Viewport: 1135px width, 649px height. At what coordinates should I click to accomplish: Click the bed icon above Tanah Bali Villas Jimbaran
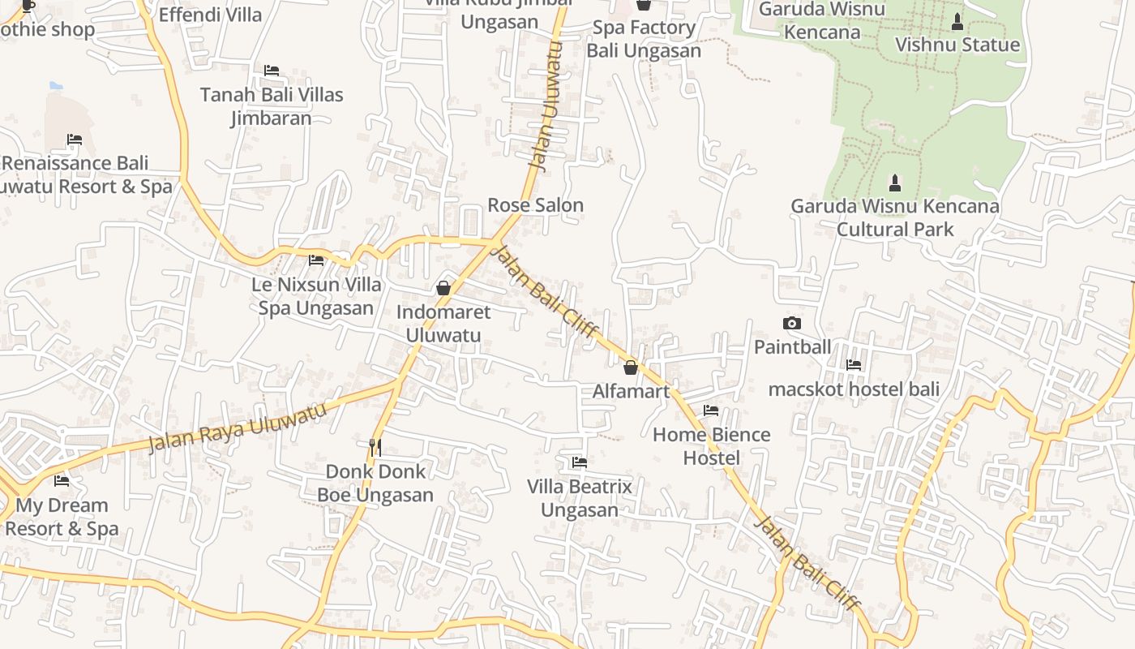(x=272, y=71)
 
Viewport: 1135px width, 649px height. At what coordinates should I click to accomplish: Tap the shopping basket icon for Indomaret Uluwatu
(x=443, y=288)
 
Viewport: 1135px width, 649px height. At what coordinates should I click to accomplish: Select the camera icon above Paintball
(x=792, y=323)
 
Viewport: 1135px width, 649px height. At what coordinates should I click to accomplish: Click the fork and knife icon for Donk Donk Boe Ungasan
(x=375, y=447)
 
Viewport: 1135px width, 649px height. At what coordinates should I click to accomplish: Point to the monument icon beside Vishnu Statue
(x=957, y=22)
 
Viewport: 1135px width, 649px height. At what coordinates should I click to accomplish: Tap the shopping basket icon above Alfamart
(x=631, y=367)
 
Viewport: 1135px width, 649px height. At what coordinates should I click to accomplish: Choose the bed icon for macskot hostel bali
(x=854, y=365)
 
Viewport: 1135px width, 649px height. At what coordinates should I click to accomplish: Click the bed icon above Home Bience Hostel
(x=711, y=410)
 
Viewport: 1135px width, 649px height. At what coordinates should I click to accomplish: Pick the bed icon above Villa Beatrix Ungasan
(x=579, y=462)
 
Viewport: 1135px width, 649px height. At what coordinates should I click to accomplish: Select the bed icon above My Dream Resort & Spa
(x=62, y=481)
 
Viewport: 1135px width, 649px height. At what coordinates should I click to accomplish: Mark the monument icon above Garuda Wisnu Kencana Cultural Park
(x=895, y=183)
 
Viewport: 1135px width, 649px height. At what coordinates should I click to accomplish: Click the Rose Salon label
(x=535, y=205)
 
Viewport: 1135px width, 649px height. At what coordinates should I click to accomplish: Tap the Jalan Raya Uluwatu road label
(x=238, y=428)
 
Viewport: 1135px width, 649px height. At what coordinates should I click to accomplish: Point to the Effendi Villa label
(x=211, y=15)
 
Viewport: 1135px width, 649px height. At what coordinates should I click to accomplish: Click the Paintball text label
(x=792, y=347)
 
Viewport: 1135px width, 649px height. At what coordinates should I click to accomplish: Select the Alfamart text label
(x=631, y=392)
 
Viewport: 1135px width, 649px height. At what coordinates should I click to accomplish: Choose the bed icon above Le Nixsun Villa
(x=316, y=260)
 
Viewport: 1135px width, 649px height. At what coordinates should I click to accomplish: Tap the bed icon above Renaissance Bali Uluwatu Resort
(x=75, y=140)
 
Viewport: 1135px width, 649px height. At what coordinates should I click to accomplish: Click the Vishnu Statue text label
(x=957, y=45)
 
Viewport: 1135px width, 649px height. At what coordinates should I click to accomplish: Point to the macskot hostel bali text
(x=854, y=389)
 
